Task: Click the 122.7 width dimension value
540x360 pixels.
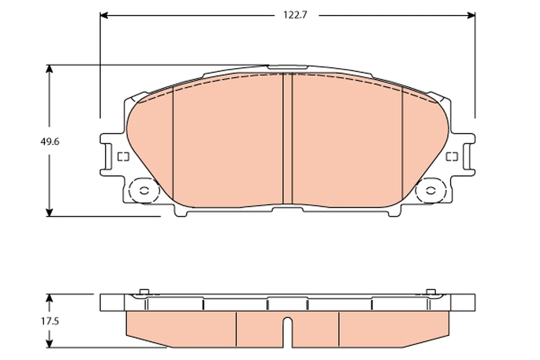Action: tap(295, 15)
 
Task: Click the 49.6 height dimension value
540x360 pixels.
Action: tap(50, 141)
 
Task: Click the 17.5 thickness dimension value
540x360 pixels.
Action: tap(50, 321)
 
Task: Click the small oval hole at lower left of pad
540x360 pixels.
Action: tap(144, 190)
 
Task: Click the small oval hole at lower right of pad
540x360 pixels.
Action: tap(431, 190)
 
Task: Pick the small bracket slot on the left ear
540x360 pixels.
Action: tap(123, 157)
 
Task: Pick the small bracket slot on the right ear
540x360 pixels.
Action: tap(452, 157)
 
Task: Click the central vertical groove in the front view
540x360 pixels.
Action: tap(287, 139)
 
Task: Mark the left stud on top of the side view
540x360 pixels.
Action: tap(144, 292)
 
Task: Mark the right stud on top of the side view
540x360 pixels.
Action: tap(431, 292)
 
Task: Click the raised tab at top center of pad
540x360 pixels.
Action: tap(288, 67)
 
